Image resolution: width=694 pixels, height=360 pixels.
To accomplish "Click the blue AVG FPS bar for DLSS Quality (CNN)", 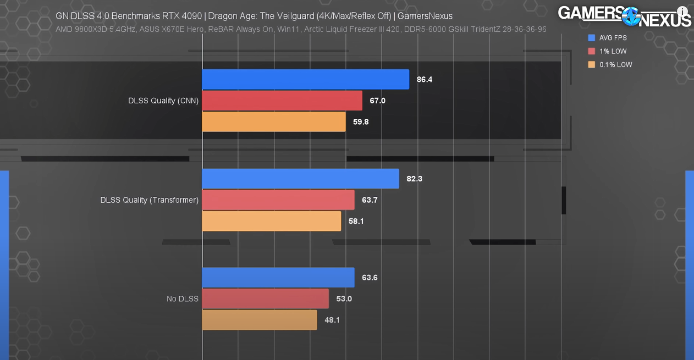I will [x=305, y=79].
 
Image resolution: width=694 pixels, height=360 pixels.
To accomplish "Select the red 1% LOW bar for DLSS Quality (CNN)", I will [x=282, y=101].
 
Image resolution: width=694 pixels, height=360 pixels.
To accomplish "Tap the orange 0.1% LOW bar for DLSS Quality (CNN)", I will [x=274, y=121].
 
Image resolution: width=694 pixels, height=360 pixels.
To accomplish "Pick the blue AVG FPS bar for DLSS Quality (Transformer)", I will [x=300, y=179].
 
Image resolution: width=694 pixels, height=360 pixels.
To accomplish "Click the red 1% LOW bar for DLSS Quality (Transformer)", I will [x=278, y=200].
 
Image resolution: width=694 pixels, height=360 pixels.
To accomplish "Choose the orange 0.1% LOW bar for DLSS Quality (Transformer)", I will [x=272, y=221].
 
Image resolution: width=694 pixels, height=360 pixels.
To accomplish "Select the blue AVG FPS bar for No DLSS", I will [x=278, y=278].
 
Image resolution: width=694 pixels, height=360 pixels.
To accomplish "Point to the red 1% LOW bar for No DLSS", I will [x=265, y=299].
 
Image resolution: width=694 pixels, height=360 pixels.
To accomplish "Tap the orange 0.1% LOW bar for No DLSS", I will [x=260, y=320].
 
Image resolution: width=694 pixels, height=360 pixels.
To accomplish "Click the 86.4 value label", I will [x=425, y=79].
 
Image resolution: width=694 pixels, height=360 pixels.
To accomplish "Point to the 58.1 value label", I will [x=356, y=221].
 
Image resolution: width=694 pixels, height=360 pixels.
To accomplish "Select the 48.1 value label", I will [x=332, y=320].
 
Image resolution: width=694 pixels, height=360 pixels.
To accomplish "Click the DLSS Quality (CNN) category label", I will [x=163, y=101].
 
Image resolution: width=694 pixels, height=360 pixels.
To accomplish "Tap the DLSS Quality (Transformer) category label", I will [x=149, y=200].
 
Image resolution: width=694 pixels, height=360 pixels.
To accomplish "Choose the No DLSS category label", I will [x=183, y=299].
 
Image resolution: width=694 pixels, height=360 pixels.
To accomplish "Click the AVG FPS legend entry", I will [x=613, y=38].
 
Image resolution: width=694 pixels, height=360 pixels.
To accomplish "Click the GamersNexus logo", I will [x=624, y=16].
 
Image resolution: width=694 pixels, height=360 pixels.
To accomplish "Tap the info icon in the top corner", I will [x=682, y=12].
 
